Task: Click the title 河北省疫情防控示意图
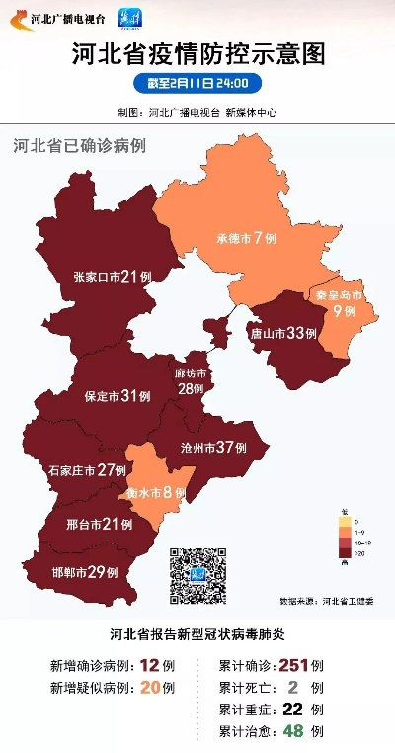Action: [197, 55]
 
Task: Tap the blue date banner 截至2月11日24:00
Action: [197, 84]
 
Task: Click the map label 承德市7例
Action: [246, 239]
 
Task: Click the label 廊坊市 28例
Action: [190, 381]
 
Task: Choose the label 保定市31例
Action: [117, 396]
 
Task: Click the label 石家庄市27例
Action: [88, 470]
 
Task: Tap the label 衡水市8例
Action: [156, 492]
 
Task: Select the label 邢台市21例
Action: [99, 524]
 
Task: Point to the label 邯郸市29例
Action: [84, 572]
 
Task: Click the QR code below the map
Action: [198, 575]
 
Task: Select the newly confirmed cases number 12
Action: [150, 665]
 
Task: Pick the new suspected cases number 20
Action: [150, 688]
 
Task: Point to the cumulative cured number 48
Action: [293, 731]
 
